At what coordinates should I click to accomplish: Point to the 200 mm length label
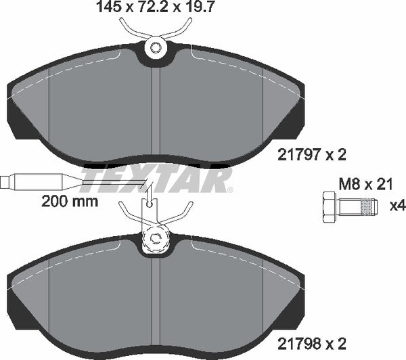tap(70, 201)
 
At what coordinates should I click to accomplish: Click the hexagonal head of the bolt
tap(328, 205)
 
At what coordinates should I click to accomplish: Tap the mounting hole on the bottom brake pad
tap(156, 238)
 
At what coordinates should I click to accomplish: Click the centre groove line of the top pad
tap(158, 108)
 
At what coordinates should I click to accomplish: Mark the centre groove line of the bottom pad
tap(158, 298)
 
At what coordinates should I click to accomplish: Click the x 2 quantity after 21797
tap(336, 155)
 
